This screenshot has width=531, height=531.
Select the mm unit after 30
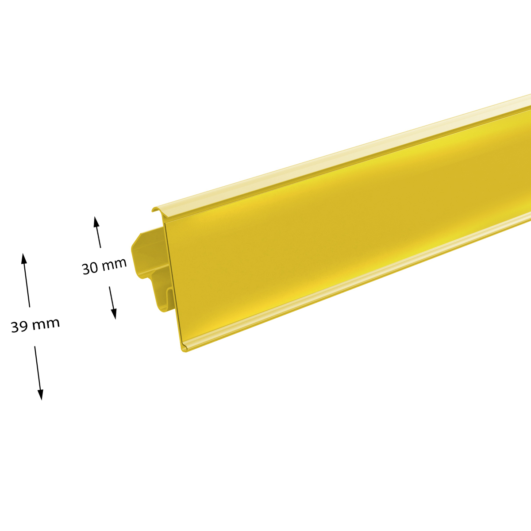point(114,265)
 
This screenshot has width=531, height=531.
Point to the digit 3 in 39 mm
point(15,327)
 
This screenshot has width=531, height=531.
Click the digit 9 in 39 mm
point(23,326)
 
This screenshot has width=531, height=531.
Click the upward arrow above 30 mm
point(97,232)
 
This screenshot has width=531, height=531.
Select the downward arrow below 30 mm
point(112,303)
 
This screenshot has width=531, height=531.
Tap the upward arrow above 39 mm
point(26,280)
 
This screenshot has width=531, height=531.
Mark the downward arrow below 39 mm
point(38,373)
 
